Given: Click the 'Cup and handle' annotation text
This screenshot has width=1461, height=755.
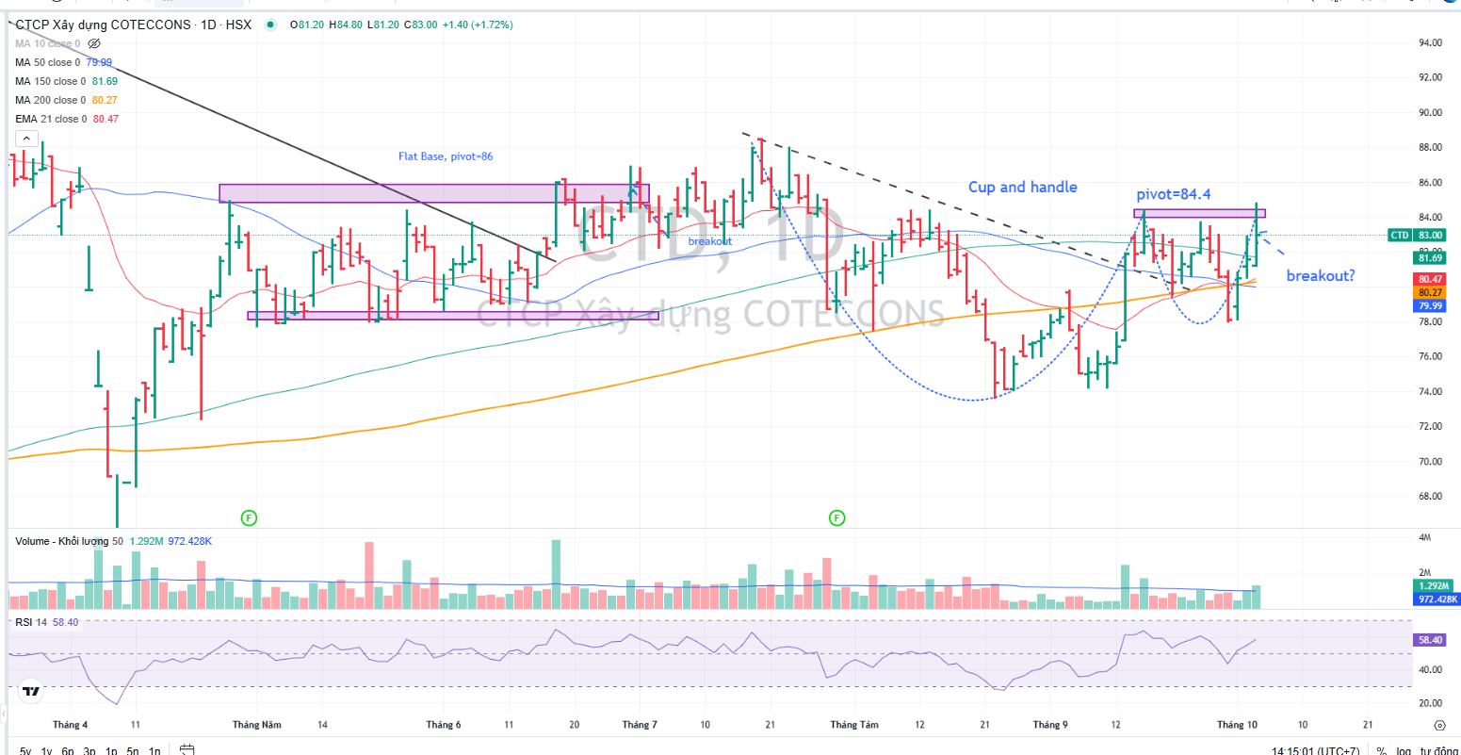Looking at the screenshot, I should tap(1022, 187).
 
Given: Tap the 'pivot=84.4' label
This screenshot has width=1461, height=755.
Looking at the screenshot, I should tap(1173, 194).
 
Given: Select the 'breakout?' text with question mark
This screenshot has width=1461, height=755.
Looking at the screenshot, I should tap(1321, 276).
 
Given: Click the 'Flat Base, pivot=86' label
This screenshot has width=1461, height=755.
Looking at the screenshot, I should tap(445, 156).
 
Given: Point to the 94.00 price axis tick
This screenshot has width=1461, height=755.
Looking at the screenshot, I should tap(1430, 42).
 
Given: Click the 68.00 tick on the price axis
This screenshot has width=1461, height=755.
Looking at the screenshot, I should tap(1430, 496).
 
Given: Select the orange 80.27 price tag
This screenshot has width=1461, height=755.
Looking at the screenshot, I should tap(1430, 292).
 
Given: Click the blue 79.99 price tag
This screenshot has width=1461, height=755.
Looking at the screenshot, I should tap(1430, 305).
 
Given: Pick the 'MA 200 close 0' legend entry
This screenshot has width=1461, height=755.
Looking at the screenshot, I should tap(50, 100).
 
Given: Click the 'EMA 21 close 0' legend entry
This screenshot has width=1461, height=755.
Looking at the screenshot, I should tap(50, 119).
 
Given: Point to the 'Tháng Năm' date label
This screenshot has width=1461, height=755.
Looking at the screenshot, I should tap(257, 725).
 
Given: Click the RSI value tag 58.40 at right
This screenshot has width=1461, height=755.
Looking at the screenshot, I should tap(1430, 639).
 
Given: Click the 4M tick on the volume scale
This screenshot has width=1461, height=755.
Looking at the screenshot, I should tap(1424, 537).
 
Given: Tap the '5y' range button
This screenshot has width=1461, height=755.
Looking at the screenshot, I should tap(25, 751).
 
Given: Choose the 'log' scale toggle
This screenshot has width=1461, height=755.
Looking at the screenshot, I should tap(1404, 751).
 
